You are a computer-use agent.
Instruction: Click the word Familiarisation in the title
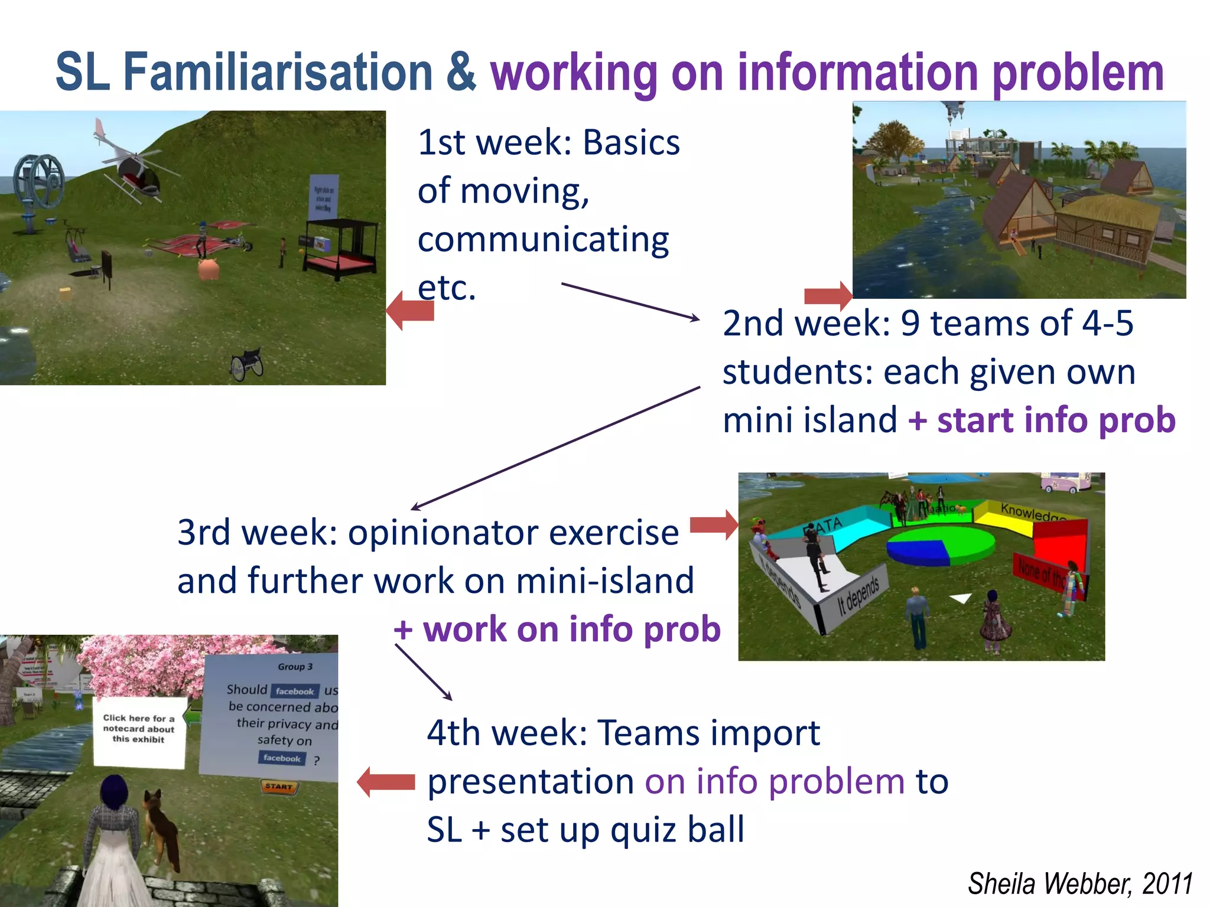[x=278, y=72]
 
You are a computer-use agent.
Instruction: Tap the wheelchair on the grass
[x=247, y=364]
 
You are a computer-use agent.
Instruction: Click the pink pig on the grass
[x=209, y=269]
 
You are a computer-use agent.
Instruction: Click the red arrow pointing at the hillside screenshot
[x=410, y=310]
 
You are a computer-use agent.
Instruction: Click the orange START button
[x=279, y=787]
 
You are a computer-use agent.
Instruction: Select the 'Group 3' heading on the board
[x=295, y=667]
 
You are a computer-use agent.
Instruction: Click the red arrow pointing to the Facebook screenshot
[x=386, y=782]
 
